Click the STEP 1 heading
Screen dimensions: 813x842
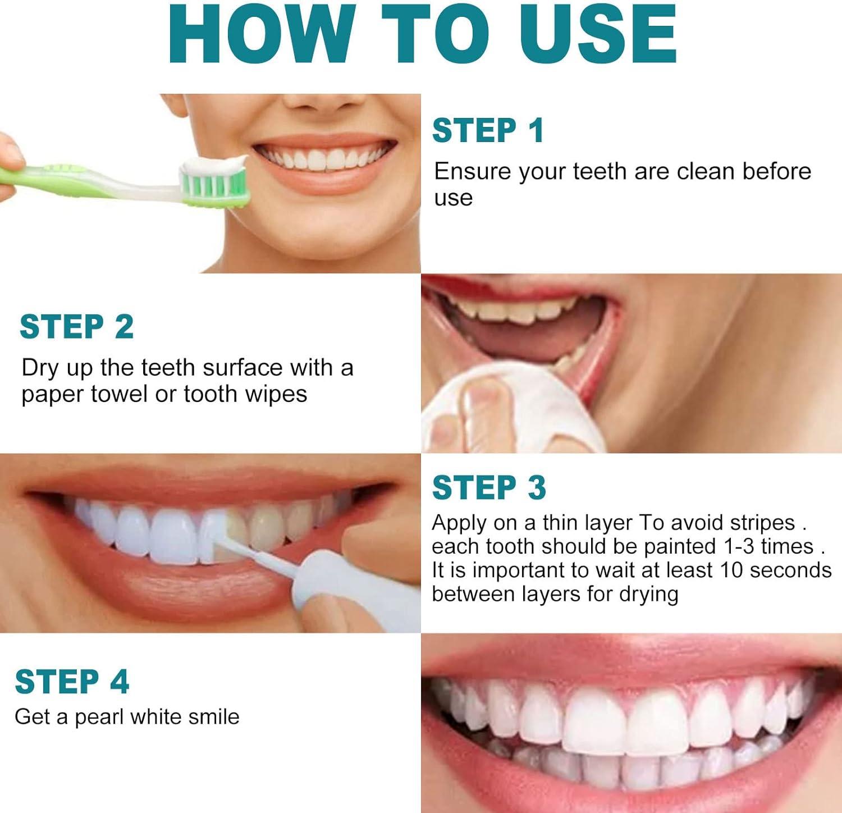pos(488,131)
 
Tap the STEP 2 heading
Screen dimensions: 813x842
pos(76,327)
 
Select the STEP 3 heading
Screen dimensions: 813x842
pos(489,487)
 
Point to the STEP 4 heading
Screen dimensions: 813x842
pos(72,682)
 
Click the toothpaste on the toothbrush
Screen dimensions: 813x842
pos(214,165)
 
